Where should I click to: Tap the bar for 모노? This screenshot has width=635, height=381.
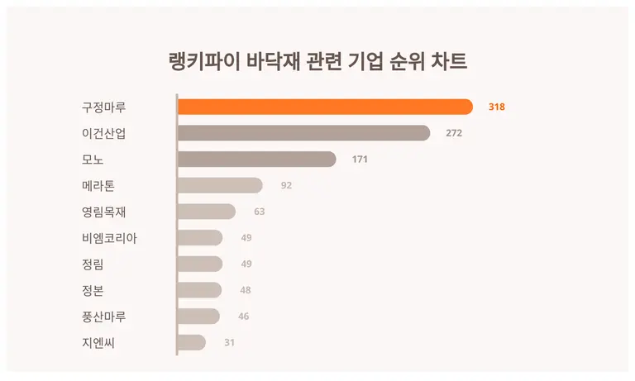pyautogui.click(x=256, y=159)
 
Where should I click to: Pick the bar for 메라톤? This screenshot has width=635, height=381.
pyautogui.click(x=220, y=185)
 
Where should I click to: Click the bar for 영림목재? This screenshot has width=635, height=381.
pyautogui.click(x=207, y=212)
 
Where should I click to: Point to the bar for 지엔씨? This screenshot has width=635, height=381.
pyautogui.click(x=192, y=342)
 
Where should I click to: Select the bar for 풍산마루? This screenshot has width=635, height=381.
pyautogui.click(x=198, y=316)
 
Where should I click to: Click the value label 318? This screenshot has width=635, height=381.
pyautogui.click(x=496, y=107)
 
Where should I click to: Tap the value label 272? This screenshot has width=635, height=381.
pyautogui.click(x=454, y=133)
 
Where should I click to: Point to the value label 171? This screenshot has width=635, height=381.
pyautogui.click(x=360, y=159)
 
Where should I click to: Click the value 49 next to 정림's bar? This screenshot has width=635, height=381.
pyautogui.click(x=246, y=264)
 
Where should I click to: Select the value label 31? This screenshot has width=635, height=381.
pyautogui.click(x=230, y=342)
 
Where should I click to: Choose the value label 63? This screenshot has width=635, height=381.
pyautogui.click(x=259, y=212)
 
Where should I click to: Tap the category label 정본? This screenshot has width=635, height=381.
pyautogui.click(x=93, y=290)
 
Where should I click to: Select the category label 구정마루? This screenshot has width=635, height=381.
pyautogui.click(x=103, y=107)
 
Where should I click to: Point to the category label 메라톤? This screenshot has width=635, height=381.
pyautogui.click(x=98, y=185)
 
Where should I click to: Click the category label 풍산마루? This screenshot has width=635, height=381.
pyautogui.click(x=103, y=316)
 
